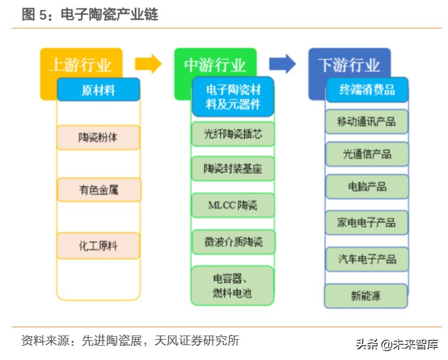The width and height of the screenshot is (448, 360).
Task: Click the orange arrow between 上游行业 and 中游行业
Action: [x=148, y=64]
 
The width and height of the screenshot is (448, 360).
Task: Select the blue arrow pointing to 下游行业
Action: [x=282, y=64]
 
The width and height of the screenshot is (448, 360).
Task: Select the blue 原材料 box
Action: [x=98, y=90]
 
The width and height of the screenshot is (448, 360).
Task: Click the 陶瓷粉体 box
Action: [x=98, y=137]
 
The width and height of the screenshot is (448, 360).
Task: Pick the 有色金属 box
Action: [x=98, y=190]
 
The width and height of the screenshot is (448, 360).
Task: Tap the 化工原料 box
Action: [x=98, y=246]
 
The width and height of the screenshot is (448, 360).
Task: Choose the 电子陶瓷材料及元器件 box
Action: [x=233, y=97]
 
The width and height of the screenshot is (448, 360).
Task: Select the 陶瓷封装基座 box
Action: [x=233, y=169]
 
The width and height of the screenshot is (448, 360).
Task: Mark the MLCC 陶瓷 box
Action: [x=233, y=206]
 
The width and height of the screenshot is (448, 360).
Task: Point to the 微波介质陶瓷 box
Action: [x=233, y=242]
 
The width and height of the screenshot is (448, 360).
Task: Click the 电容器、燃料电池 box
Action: [x=233, y=285]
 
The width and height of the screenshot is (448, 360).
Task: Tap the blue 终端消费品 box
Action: [x=367, y=90]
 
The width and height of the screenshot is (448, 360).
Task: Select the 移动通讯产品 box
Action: [x=367, y=122]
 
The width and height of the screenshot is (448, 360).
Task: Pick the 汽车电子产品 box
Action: [x=367, y=259]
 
